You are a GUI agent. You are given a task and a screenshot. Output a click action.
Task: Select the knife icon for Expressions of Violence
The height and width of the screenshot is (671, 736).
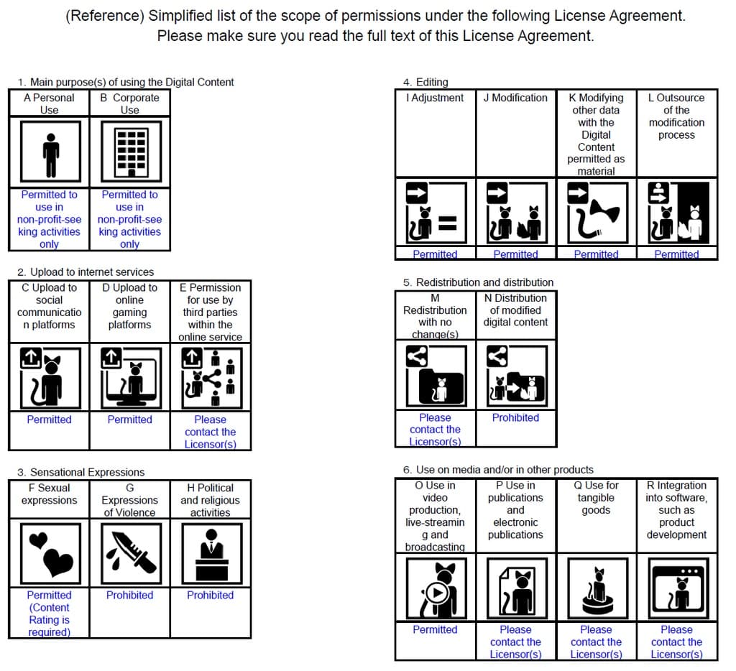click(130, 554)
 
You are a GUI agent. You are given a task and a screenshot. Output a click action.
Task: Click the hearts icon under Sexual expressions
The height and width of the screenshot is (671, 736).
click(49, 554)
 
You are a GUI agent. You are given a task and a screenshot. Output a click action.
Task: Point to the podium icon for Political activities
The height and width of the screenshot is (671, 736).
click(211, 554)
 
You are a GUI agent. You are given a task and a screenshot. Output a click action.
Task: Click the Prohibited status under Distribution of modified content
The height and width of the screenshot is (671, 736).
click(515, 417)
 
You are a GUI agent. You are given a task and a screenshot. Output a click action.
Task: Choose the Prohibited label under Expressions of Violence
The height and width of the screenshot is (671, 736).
click(130, 595)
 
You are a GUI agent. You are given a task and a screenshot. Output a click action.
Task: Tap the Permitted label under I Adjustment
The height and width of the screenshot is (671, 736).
click(435, 254)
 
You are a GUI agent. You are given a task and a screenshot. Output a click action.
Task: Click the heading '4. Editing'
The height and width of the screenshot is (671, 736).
click(425, 82)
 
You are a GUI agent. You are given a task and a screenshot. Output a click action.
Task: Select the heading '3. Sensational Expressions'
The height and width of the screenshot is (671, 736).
click(80, 472)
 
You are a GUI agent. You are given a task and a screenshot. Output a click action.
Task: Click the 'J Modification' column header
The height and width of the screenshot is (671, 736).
click(515, 98)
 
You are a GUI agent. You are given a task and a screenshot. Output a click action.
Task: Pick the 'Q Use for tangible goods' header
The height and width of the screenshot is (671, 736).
click(596, 498)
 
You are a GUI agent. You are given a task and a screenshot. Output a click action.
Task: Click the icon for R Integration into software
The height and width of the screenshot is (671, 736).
click(676, 588)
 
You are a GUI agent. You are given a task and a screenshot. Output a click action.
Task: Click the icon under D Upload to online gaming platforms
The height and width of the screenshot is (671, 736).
click(130, 377)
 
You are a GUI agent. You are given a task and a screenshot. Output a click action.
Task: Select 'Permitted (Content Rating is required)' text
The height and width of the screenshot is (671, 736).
click(49, 614)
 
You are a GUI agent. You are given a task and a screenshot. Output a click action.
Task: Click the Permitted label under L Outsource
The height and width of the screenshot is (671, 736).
click(676, 254)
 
